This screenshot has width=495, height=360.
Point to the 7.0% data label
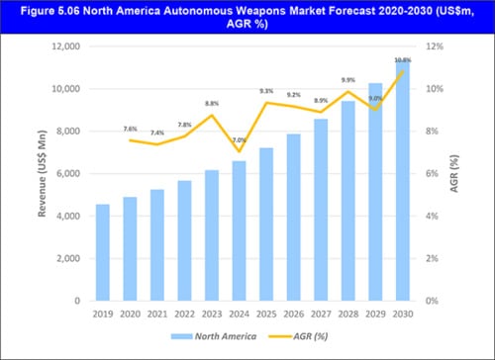(x=239, y=140)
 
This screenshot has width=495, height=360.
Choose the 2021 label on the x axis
(x=157, y=314)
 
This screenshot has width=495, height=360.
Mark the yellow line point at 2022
(x=184, y=136)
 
